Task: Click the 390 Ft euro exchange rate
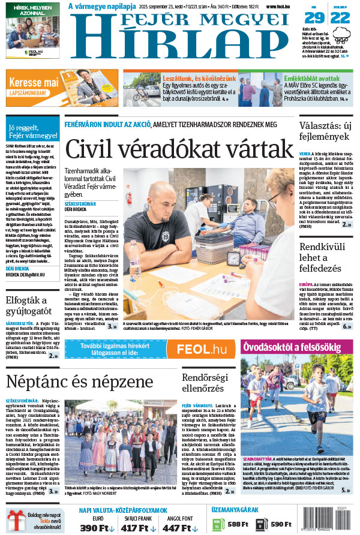pos(98,528)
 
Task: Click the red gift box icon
pos(14,519)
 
